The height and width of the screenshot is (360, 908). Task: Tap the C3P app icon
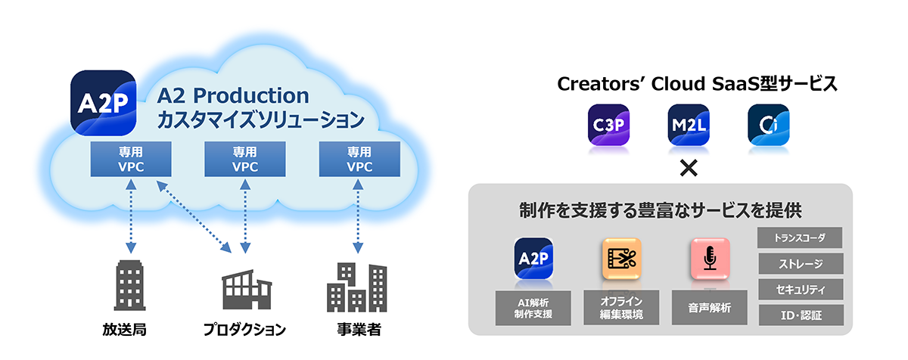coord(608,124)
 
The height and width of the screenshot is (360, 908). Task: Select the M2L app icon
coord(688,124)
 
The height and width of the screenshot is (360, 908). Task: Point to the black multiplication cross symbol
coord(688,168)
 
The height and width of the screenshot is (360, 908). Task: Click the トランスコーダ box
coord(799,237)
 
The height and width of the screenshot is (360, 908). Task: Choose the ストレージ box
coord(799,263)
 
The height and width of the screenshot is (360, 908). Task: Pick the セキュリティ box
coord(799,289)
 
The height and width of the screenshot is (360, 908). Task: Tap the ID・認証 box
coord(799,315)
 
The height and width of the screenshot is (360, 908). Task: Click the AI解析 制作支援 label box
coord(533,307)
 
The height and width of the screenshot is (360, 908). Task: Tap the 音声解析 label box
coord(710,307)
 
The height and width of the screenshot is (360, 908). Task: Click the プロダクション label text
coord(244,330)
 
